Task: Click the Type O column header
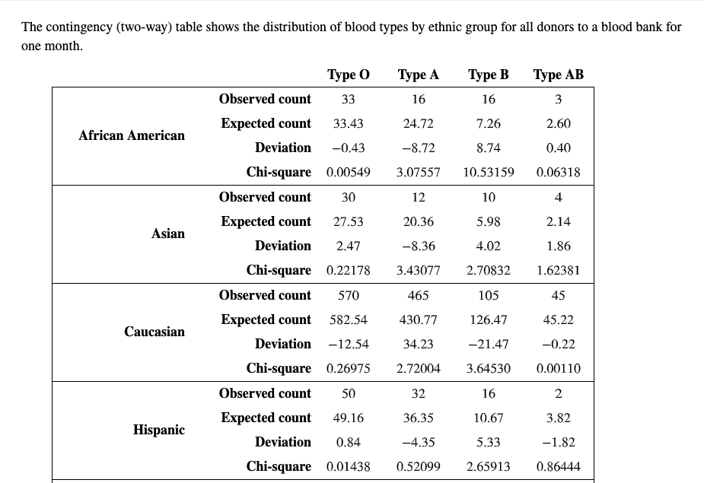pos(349,75)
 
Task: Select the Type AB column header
pos(559,75)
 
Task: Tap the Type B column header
pos(489,75)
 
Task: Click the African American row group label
pos(132,135)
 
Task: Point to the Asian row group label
pos(168,234)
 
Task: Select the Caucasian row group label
pos(154,332)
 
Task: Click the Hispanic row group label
pos(159,430)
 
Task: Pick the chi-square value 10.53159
pos(489,172)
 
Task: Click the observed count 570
pos(349,295)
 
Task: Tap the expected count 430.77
pos(419,319)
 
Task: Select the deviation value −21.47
pos(489,344)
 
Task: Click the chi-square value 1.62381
pos(559,270)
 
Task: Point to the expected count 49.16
pos(349,418)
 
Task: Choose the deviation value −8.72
pos(419,148)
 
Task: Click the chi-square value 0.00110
pos(559,368)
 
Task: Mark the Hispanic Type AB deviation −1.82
pos(559,442)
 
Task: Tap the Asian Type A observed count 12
pos(419,197)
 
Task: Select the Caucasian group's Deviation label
pos(282,344)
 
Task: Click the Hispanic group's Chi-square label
pos(279,466)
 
